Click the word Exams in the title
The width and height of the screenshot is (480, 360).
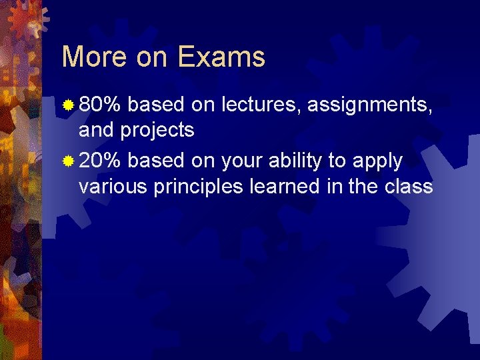point(221,57)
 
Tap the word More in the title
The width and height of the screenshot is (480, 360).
point(93,57)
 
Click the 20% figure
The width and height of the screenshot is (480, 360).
point(100,161)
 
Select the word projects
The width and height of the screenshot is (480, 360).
point(157,130)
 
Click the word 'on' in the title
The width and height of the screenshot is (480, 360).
point(153,57)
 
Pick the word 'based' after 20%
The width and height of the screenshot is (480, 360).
point(156,161)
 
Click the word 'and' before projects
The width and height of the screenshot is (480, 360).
point(96,129)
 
